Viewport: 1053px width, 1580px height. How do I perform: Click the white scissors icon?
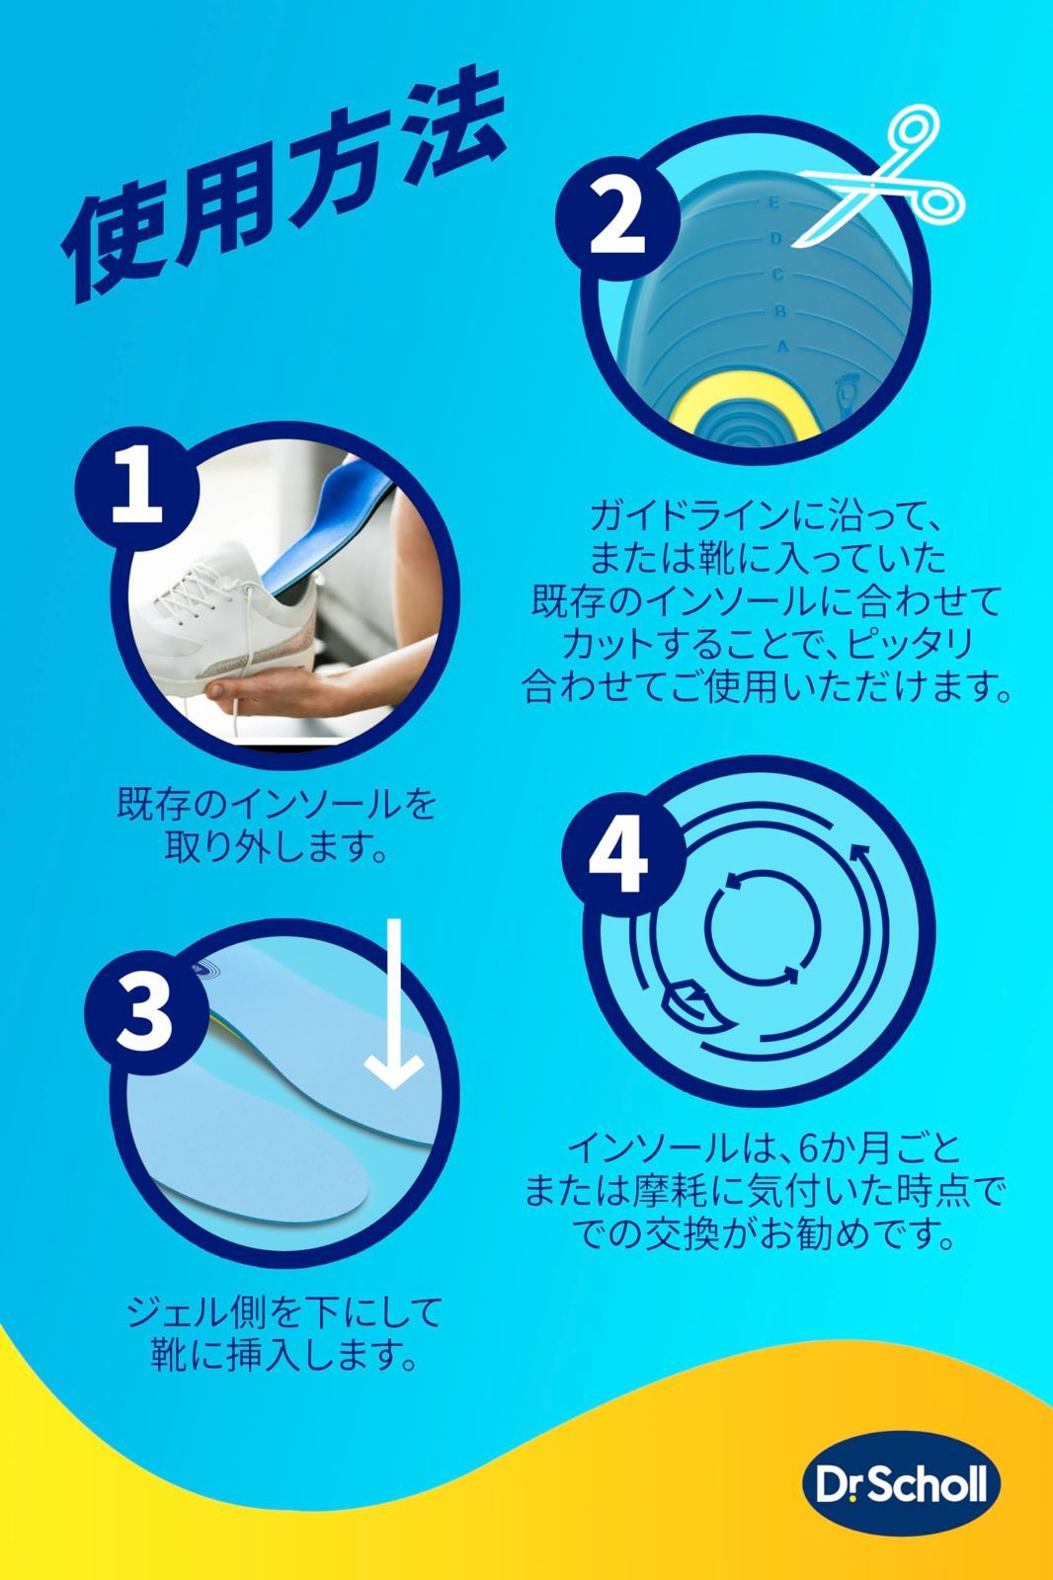click(869, 178)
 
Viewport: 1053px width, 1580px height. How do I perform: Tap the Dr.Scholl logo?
click(900, 1484)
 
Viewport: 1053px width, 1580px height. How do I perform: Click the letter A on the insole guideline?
click(781, 347)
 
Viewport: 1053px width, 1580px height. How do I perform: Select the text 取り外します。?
click(276, 847)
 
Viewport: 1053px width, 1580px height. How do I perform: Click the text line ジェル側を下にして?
click(283, 1312)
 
